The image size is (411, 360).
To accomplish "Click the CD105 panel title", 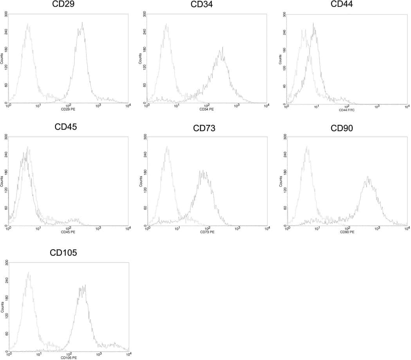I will (63, 253).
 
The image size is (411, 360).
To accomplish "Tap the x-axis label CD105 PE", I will (68, 357).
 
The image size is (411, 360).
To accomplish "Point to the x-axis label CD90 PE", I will (346, 232).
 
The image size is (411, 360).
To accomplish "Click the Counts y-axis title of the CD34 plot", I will (141, 59).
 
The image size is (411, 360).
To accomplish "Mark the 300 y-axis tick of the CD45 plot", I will (5, 137).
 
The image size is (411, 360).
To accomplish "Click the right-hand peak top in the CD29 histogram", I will (82, 23).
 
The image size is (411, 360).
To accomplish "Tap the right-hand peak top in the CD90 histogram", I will (368, 177).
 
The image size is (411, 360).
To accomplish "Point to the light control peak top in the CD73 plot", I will (167, 147).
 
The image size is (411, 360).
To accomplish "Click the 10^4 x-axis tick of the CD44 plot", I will (407, 107).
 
